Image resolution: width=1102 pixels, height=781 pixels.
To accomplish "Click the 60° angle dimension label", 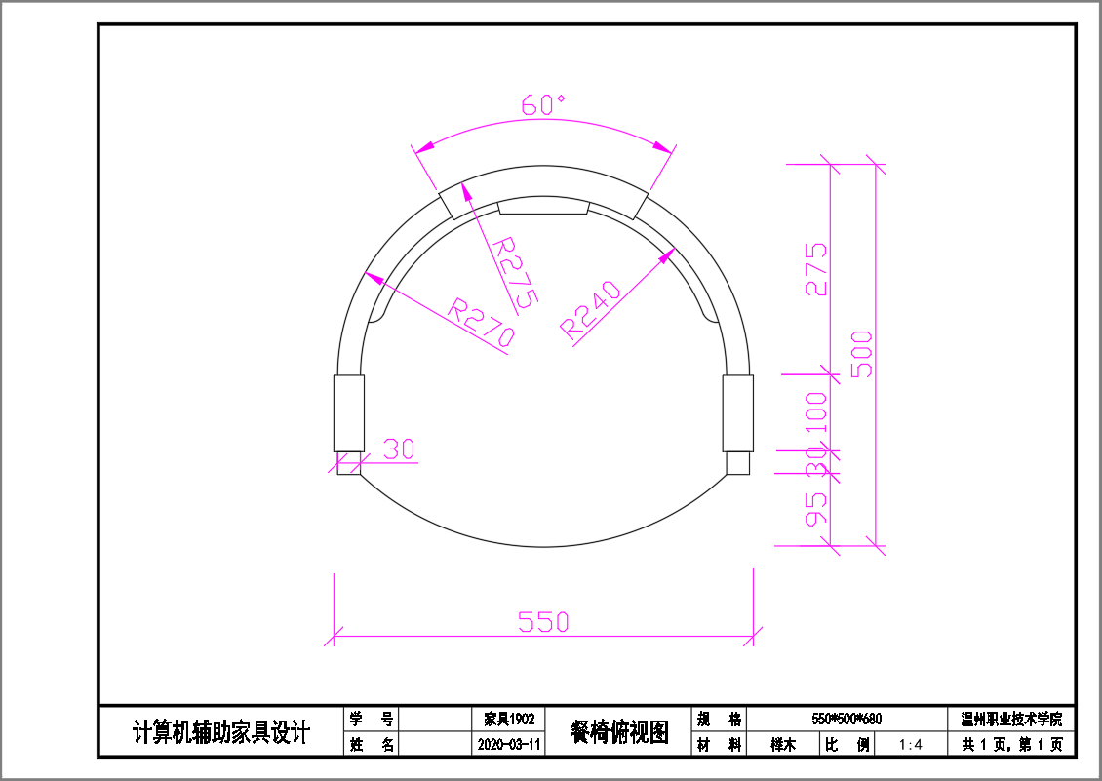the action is [x=542, y=104].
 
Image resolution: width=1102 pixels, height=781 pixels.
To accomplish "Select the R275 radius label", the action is [x=515, y=273].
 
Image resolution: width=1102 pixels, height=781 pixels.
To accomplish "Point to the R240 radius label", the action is [x=590, y=310].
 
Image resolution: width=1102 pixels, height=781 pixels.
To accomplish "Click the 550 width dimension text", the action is [x=543, y=622].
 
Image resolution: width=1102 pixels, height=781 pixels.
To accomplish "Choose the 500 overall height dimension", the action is [x=862, y=354].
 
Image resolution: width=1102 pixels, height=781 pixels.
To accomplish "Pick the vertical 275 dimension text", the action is [x=816, y=269].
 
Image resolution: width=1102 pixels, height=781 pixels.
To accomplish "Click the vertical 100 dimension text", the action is [x=816, y=415].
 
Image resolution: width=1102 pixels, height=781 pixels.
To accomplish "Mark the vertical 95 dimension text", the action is [x=816, y=509].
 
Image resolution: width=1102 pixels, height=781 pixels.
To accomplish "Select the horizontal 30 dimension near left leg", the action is [x=399, y=449].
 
